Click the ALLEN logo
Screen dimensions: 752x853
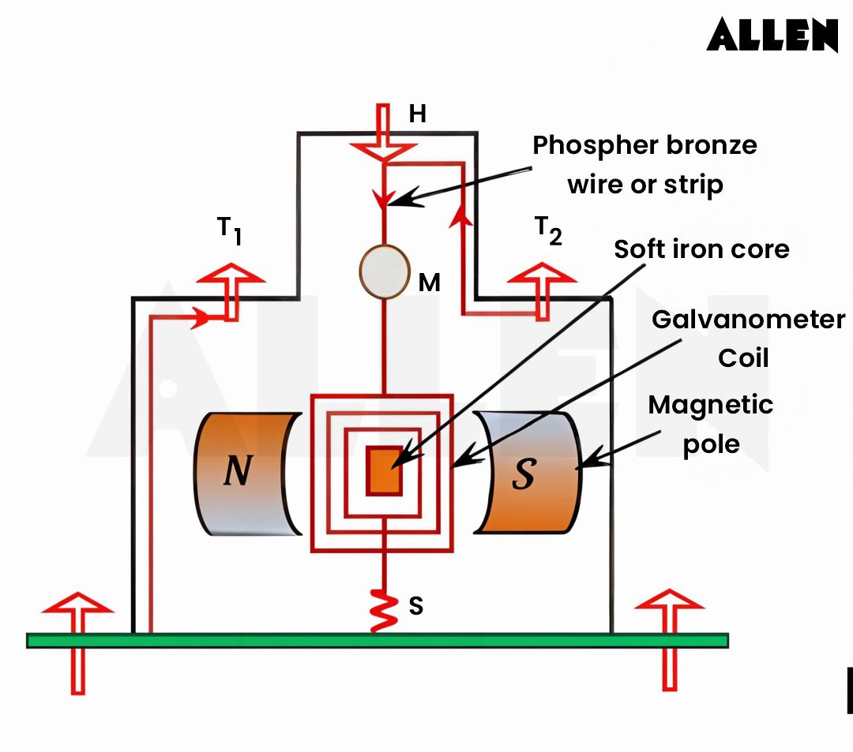point(772,36)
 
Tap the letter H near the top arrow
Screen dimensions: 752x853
point(417,114)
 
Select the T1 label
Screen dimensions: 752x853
point(229,230)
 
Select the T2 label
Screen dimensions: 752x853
point(548,230)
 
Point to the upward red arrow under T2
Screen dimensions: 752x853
point(542,288)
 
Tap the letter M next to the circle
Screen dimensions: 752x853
point(429,283)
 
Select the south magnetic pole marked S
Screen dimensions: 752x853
point(526,473)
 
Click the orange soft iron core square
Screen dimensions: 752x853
point(384,471)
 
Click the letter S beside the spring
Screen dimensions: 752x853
point(415,606)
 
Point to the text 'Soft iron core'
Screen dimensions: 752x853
point(701,249)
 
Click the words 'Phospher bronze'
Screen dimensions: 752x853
point(644,145)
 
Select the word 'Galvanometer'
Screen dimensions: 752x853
point(747,320)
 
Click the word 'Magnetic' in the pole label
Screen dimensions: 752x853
point(710,405)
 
